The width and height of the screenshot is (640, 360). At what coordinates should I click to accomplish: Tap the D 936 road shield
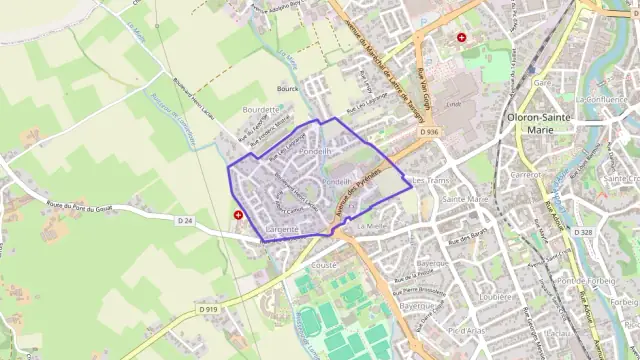point(430,132)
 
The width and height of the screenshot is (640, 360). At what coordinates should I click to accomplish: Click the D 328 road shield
point(585,232)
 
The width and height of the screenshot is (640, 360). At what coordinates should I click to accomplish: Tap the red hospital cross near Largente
point(238,214)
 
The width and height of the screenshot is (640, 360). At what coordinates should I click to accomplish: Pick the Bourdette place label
point(260,108)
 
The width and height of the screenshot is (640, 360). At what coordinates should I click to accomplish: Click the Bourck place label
point(289,88)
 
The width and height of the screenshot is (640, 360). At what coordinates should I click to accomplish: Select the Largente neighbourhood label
point(285,230)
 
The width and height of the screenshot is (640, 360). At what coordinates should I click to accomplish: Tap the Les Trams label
point(432,180)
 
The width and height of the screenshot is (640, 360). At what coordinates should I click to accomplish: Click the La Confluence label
point(600,100)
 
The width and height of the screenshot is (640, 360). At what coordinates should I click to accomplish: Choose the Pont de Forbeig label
point(585,281)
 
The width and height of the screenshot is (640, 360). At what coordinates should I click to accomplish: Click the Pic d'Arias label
point(466,329)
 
